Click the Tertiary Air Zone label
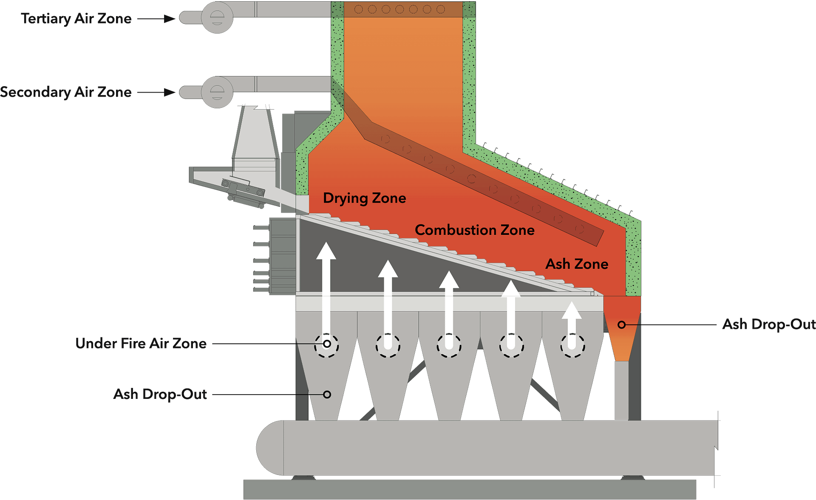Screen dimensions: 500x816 [x=76, y=19]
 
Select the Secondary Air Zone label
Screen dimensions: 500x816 [x=66, y=92]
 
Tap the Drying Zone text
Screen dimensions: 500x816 [x=364, y=198]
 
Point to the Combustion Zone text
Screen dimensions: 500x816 [x=474, y=230]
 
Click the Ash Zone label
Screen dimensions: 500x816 [x=577, y=264]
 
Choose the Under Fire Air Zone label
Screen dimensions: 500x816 [x=141, y=343]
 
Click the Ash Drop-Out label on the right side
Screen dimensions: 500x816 [x=768, y=324]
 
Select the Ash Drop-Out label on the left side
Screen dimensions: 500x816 [x=160, y=394]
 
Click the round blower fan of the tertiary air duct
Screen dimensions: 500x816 [x=217, y=17]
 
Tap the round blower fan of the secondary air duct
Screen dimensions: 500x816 [x=217, y=92]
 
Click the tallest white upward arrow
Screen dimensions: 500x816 [x=326, y=293]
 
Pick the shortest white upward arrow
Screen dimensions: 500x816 [x=572, y=323]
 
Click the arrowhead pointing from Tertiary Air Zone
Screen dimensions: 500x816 [x=170, y=19]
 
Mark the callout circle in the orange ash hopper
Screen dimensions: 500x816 [x=621, y=325]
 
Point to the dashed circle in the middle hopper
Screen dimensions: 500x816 [x=449, y=345]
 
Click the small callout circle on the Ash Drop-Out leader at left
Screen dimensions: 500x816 [x=327, y=395]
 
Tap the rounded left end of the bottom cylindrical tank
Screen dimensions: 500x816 [x=270, y=447]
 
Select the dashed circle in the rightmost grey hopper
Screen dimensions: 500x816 [x=572, y=345]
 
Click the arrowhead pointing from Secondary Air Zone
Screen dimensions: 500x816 [x=170, y=92]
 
